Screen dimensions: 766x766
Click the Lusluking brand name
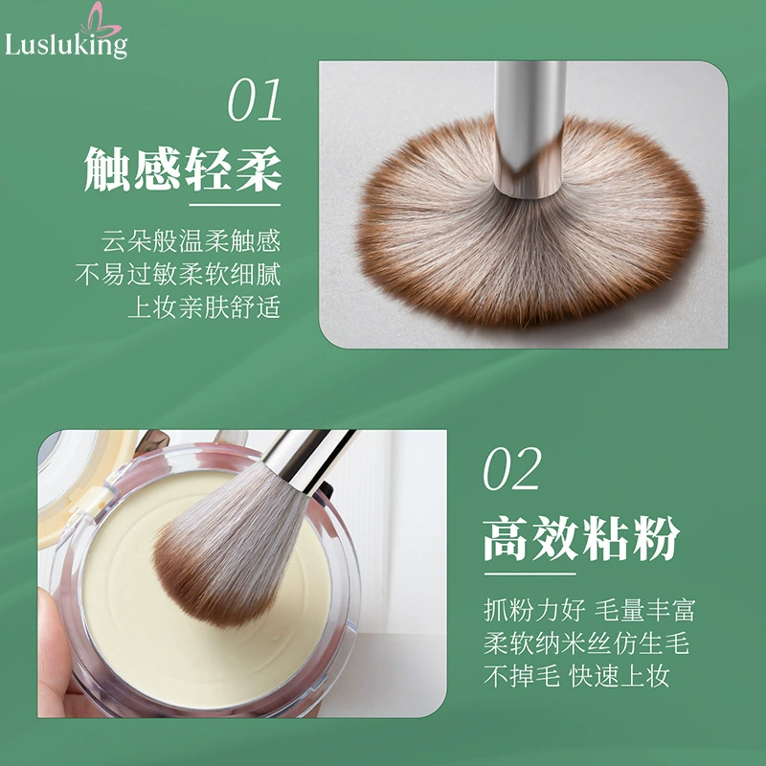click(x=66, y=45)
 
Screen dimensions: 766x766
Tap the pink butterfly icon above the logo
click(x=101, y=19)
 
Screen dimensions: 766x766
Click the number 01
click(x=255, y=100)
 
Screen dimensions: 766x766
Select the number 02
click(x=512, y=468)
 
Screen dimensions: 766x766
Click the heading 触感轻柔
click(x=183, y=169)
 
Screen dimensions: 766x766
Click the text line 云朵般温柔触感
click(x=191, y=241)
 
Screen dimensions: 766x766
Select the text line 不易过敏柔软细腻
click(x=178, y=274)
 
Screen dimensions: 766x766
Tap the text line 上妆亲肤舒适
click(x=204, y=307)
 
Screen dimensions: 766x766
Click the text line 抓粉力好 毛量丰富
click(x=589, y=610)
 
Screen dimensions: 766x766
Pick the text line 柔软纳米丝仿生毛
click(x=586, y=642)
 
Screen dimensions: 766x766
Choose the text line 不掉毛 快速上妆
click(x=576, y=676)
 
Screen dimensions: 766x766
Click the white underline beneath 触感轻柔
click(x=235, y=205)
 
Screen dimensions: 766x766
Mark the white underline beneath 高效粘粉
click(x=530, y=574)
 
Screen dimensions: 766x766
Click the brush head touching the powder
click(x=229, y=545)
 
